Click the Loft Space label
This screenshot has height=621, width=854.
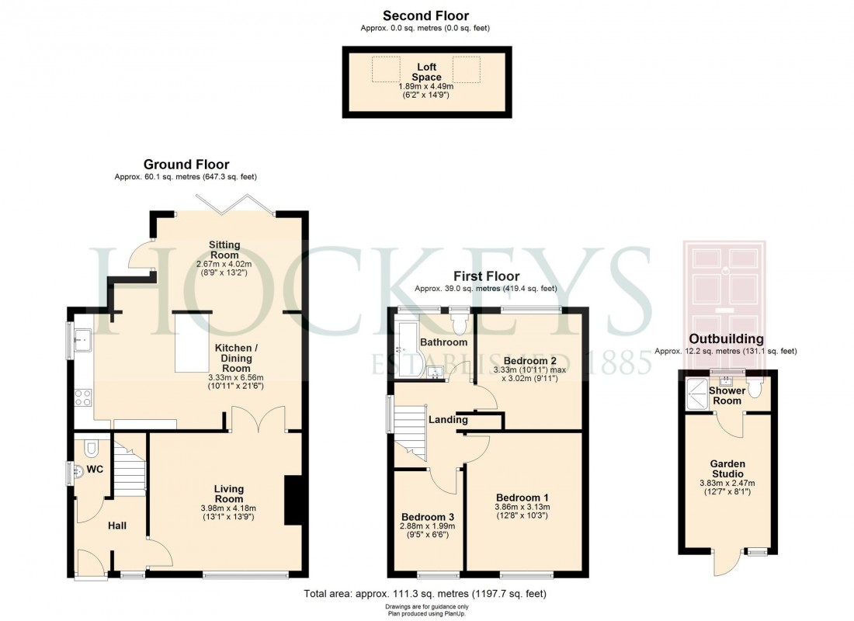point(426,72)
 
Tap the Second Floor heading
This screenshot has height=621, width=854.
point(425,16)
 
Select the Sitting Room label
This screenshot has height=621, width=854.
point(224,250)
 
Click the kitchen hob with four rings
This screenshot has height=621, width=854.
point(82,397)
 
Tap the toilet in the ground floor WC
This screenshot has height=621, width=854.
point(90,448)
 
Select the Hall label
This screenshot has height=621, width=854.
point(117,526)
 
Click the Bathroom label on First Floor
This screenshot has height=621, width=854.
point(443,342)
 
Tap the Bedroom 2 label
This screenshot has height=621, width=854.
point(530,361)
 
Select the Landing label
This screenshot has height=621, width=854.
point(448,419)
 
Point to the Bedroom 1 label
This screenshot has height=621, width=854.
point(522,498)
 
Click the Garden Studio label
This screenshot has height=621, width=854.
point(727,469)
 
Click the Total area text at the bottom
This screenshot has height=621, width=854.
point(425,594)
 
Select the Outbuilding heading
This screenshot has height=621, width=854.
point(726,339)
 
